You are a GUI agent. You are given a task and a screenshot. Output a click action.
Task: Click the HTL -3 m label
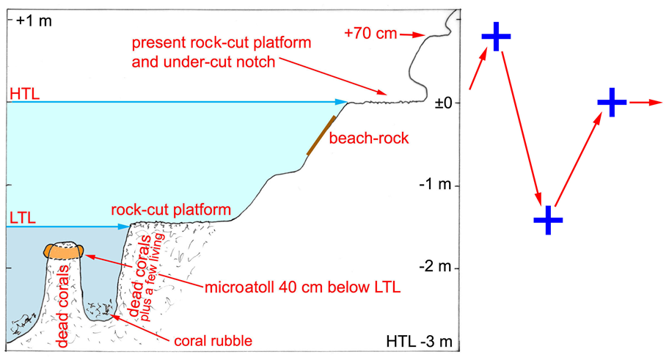(416, 342)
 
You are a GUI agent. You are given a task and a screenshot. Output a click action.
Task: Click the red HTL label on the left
(23, 94)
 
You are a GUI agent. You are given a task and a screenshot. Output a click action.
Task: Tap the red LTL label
(22, 218)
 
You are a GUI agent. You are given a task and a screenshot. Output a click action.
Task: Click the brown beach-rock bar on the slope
(322, 135)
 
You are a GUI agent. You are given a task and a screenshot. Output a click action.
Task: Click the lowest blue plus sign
(547, 219)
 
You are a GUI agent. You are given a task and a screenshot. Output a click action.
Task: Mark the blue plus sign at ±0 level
(611, 103)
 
